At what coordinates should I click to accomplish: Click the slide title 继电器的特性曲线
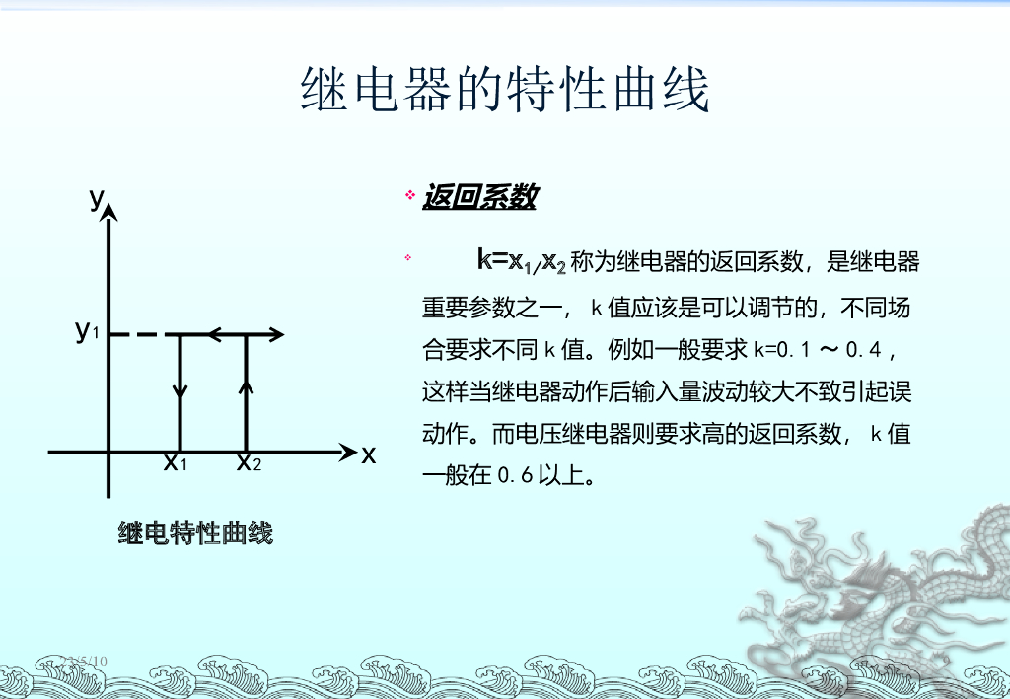point(504,91)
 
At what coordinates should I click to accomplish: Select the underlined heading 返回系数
point(479,197)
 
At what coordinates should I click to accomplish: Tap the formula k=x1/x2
point(522,261)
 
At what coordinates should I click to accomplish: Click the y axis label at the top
point(96,199)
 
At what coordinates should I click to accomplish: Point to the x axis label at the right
point(369,454)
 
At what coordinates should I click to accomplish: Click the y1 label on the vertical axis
point(87,331)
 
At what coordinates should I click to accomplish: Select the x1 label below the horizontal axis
point(175,461)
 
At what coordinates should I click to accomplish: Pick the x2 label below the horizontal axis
point(249,461)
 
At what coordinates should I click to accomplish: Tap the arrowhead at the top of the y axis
point(109,213)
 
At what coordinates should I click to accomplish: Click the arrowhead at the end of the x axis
point(348,453)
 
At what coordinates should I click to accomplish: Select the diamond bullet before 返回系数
point(410,196)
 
